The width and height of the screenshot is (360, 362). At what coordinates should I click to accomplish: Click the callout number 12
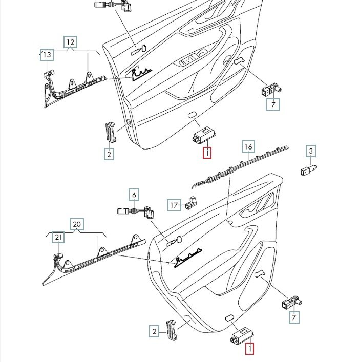71,42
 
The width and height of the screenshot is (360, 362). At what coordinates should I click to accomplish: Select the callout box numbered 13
47,55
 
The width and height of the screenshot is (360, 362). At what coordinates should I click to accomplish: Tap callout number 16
248,146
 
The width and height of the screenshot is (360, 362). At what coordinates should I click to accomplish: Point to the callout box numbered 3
311,151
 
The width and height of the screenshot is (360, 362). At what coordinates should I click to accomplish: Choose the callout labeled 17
174,205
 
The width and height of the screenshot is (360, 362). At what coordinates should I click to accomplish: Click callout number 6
134,195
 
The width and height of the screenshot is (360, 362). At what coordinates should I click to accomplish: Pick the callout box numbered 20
77,224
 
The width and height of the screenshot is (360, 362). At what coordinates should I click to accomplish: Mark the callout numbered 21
58,237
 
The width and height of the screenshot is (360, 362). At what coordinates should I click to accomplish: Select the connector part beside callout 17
190,203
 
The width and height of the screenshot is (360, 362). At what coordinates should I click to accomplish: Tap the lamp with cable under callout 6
136,211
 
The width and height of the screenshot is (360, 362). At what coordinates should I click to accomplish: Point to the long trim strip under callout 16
240,167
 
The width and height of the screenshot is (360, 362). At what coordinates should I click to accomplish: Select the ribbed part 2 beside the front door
110,132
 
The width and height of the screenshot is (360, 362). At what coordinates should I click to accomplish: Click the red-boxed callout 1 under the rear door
249,348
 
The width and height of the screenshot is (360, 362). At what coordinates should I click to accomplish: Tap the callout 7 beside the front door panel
273,104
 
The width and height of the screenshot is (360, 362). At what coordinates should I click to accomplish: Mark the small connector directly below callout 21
58,255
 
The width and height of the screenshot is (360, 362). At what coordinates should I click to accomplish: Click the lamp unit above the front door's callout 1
204,134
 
